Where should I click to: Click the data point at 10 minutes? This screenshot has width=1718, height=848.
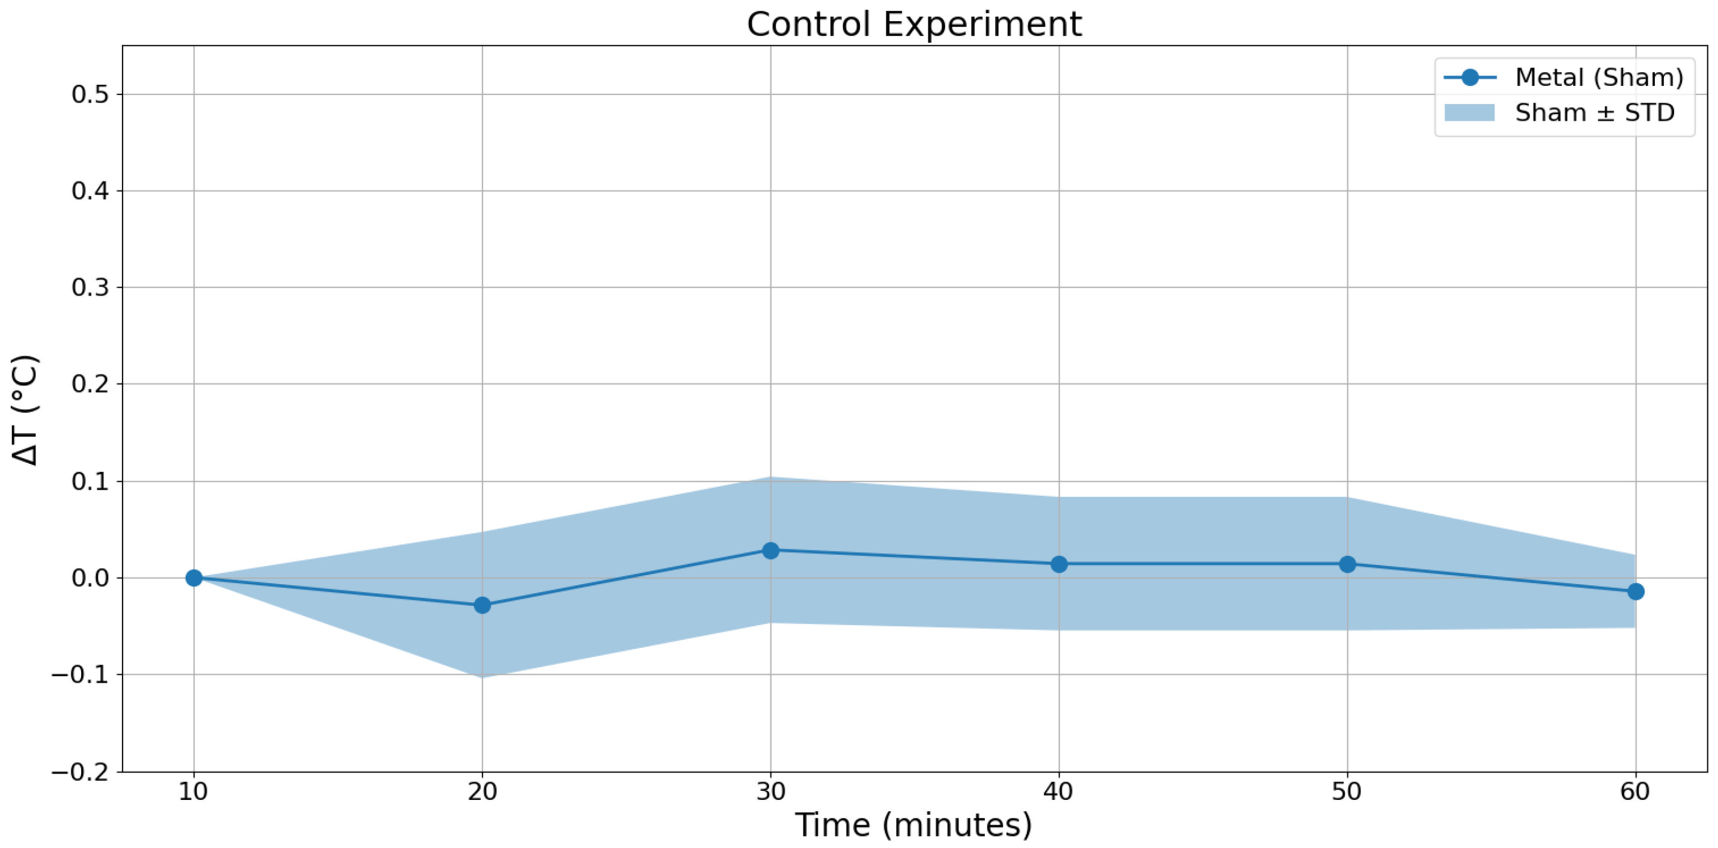pos(193,578)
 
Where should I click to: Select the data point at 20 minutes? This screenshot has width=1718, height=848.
pos(482,605)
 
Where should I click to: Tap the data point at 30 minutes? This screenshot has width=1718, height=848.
pos(770,551)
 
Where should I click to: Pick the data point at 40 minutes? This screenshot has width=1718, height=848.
pos(1058,564)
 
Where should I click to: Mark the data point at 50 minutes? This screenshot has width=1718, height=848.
pos(1347,564)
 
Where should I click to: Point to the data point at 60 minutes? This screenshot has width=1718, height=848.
pos(1635,592)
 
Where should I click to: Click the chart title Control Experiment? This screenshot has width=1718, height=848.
pos(914,25)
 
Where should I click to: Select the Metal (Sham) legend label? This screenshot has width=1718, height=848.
pos(1599,78)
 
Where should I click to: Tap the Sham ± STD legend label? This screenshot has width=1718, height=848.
pos(1595,113)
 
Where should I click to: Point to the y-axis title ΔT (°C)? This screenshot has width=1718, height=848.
pos(25,410)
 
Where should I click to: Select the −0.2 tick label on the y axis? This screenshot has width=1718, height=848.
pos(80,771)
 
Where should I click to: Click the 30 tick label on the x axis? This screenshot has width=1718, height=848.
pos(770,792)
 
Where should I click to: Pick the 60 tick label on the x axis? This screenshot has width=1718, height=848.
pos(1635,792)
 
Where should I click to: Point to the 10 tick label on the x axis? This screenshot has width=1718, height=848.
pos(193,792)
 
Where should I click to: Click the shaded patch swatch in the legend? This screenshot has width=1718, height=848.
pos(1470,113)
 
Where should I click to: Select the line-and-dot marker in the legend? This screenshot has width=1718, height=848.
pos(1470,78)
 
